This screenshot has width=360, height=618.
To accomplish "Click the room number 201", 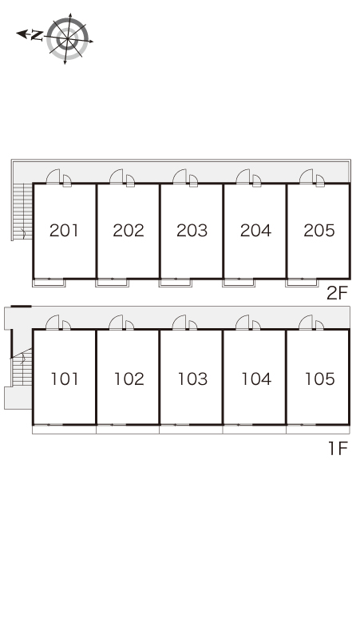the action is tap(64, 231).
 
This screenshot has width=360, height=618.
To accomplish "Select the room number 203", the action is tap(192, 231).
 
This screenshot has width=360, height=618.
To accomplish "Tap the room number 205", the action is tap(319, 231).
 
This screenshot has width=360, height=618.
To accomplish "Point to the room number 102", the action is tap(129, 379).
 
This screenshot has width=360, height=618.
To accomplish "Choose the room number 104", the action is tap(256, 379).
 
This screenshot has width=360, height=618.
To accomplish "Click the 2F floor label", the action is tap(337, 293).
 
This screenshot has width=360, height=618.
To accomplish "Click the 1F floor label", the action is tap(338, 448).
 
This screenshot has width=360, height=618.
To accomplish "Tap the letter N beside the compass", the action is tap(37, 35).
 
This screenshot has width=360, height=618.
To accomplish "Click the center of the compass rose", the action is tap(67, 38).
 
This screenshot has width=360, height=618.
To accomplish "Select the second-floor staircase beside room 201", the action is tap(22, 212).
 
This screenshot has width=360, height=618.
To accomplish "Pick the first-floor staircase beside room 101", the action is tap(22, 368).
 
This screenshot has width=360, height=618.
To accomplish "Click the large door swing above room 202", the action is tap(117, 176).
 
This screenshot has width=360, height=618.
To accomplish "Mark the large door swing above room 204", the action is tap(243, 176).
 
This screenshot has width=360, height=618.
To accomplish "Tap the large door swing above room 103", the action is tap(180, 323).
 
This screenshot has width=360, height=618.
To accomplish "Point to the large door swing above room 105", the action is tap(306, 323).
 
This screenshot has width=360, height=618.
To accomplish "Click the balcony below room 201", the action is tap(49, 283).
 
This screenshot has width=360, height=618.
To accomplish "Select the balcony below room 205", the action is tap(302, 283).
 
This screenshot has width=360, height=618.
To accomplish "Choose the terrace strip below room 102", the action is tap(128, 430).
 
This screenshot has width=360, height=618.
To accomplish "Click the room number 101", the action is tap(65, 379).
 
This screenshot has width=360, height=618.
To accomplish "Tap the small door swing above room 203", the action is tap(193, 180).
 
